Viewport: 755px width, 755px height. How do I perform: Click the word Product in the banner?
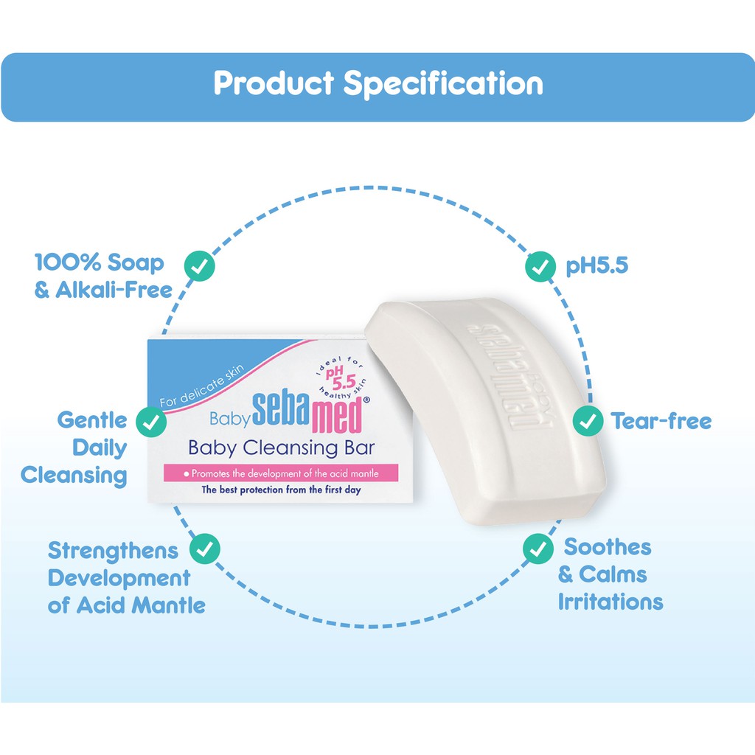(x=274, y=83)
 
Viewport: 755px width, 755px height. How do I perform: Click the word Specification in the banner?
(x=443, y=84)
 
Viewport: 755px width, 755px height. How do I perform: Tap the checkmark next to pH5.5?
(x=540, y=266)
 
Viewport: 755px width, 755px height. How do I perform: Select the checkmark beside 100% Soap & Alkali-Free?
(x=199, y=265)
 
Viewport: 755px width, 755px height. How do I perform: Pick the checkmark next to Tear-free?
(x=588, y=421)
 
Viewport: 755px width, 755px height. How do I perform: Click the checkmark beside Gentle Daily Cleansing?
(x=151, y=422)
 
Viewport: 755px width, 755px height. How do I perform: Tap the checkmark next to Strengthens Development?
(x=205, y=549)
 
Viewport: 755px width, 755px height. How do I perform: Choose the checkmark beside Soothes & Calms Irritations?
(x=538, y=549)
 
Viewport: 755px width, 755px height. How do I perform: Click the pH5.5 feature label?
(x=597, y=265)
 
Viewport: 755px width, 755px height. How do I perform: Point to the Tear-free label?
(x=661, y=421)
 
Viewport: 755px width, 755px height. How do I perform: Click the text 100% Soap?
(x=100, y=263)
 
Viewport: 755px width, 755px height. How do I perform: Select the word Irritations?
(x=610, y=602)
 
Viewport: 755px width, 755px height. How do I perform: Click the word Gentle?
(x=92, y=420)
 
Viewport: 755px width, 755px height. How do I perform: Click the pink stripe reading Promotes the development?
(x=281, y=473)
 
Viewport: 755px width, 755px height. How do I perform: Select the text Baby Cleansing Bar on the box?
(x=281, y=448)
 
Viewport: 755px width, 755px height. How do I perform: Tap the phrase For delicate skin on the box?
(x=202, y=386)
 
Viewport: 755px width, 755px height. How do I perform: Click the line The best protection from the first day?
(x=281, y=490)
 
